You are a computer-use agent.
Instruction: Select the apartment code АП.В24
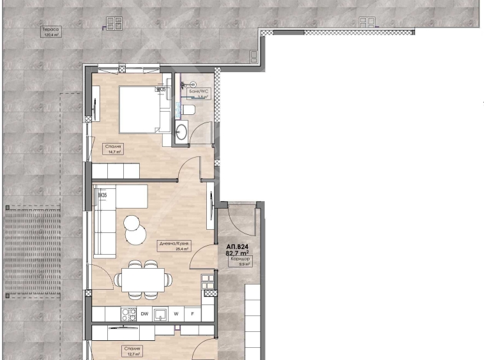pyautogui.click(x=237, y=245)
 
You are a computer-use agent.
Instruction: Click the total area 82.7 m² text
pyautogui.click(x=237, y=253)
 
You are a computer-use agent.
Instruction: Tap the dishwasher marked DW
pyautogui.click(x=145, y=314)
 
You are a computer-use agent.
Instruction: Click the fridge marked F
pyautogui.click(x=193, y=314)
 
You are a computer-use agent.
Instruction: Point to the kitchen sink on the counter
pyautogui.click(x=162, y=314)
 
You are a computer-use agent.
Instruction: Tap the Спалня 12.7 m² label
pyautogui.click(x=133, y=351)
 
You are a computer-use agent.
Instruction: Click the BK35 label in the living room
pyautogui.click(x=102, y=195)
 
